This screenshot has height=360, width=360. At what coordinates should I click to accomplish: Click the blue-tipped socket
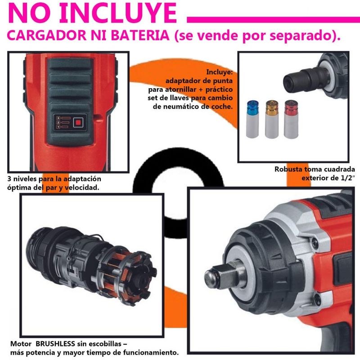(252, 119)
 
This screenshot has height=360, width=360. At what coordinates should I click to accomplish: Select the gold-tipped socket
(272, 119)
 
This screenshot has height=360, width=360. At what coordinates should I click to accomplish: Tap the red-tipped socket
(291, 119)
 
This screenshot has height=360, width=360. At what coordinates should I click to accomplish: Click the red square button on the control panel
(78, 122)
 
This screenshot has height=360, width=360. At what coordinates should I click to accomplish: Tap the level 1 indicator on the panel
(63, 127)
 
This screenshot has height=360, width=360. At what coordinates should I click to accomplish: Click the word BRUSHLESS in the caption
(55, 344)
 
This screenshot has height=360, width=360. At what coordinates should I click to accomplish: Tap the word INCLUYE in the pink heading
(118, 13)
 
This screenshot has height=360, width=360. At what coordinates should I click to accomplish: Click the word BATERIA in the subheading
(140, 36)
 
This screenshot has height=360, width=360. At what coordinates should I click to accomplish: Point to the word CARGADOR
(47, 36)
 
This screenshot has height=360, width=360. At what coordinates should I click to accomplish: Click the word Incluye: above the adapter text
(220, 72)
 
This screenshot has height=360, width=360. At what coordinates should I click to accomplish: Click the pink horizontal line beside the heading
(274, 20)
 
